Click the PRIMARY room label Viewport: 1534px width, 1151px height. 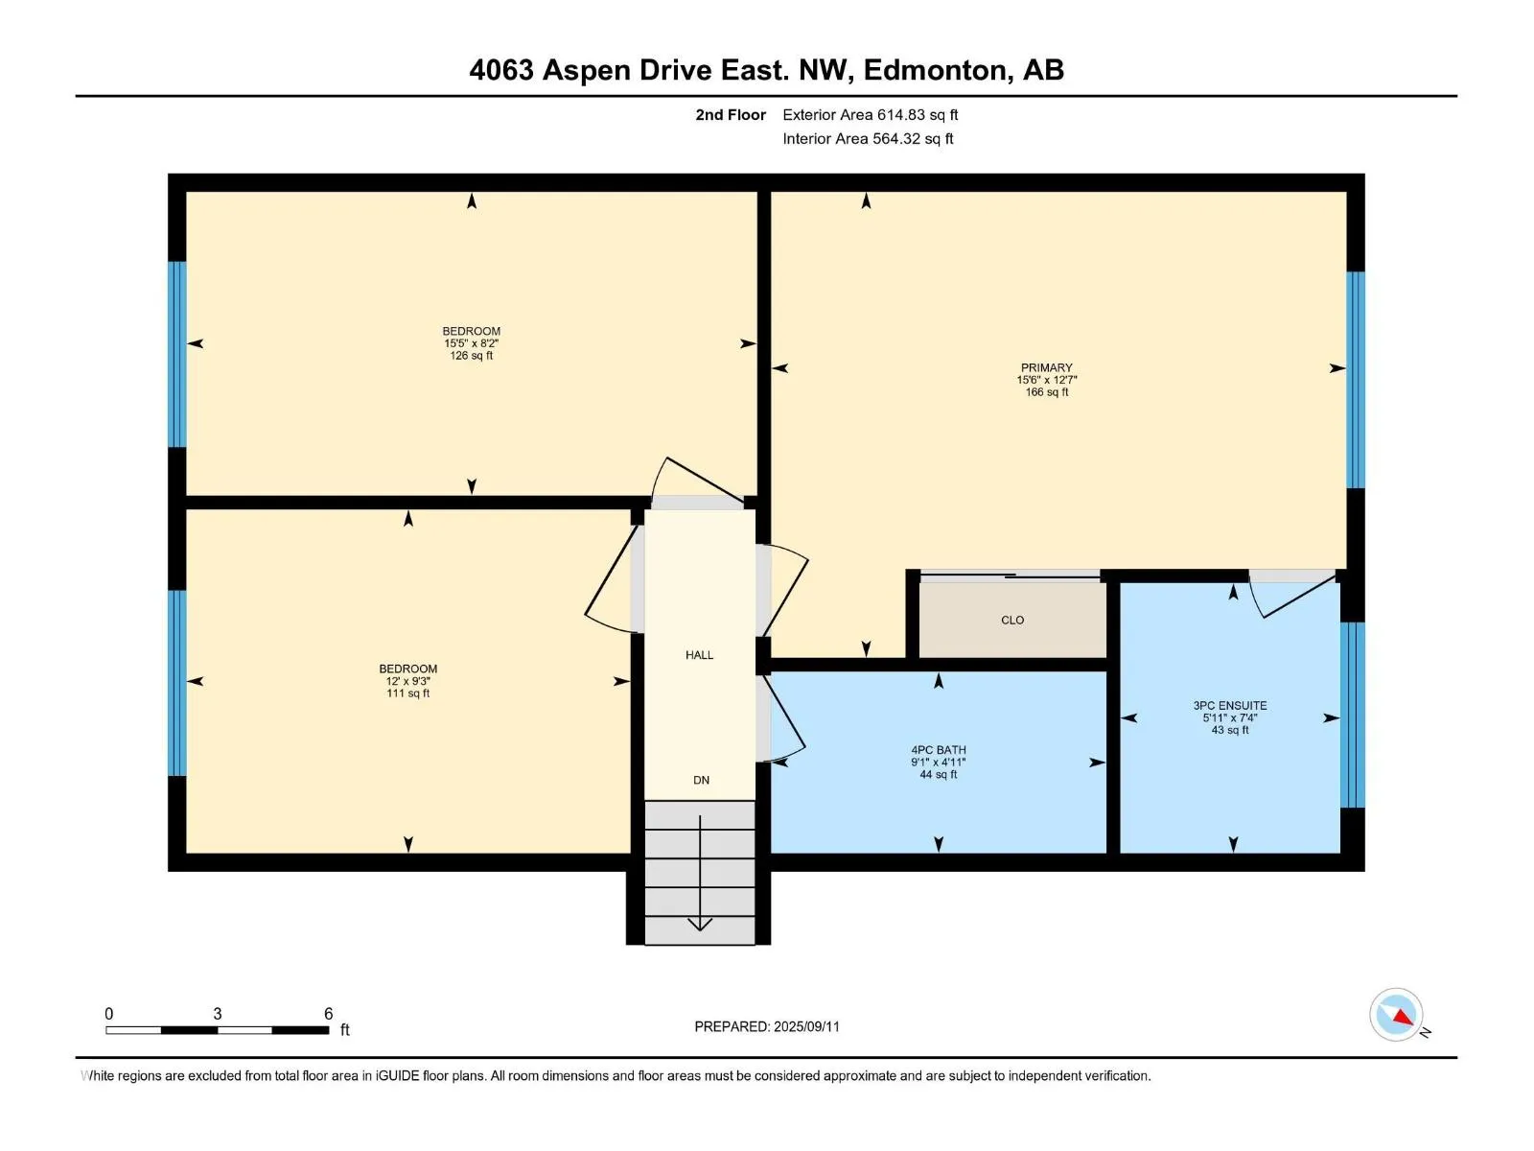point(1045,367)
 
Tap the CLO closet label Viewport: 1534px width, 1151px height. point(1011,620)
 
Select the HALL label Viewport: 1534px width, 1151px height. point(699,655)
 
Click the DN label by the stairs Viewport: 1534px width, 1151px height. point(701,780)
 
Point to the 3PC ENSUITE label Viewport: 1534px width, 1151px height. point(1229,706)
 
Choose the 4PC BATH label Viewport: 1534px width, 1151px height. point(938,750)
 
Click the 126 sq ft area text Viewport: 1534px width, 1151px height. point(471,356)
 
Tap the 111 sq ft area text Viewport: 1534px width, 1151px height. point(408,693)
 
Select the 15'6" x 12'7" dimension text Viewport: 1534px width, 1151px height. point(1046,380)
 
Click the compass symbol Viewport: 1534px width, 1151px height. point(1396,1015)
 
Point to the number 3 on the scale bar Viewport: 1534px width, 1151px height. point(218,1013)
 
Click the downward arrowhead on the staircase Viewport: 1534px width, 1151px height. point(700,925)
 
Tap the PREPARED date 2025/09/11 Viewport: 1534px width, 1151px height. point(805,1026)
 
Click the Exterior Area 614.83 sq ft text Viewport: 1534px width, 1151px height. point(871,114)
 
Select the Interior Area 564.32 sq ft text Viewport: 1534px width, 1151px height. point(868,138)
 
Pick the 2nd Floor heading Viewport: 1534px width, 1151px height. point(731,114)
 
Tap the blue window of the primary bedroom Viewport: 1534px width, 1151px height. point(1355,380)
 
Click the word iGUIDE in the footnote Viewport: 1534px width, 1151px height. point(397,1075)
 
